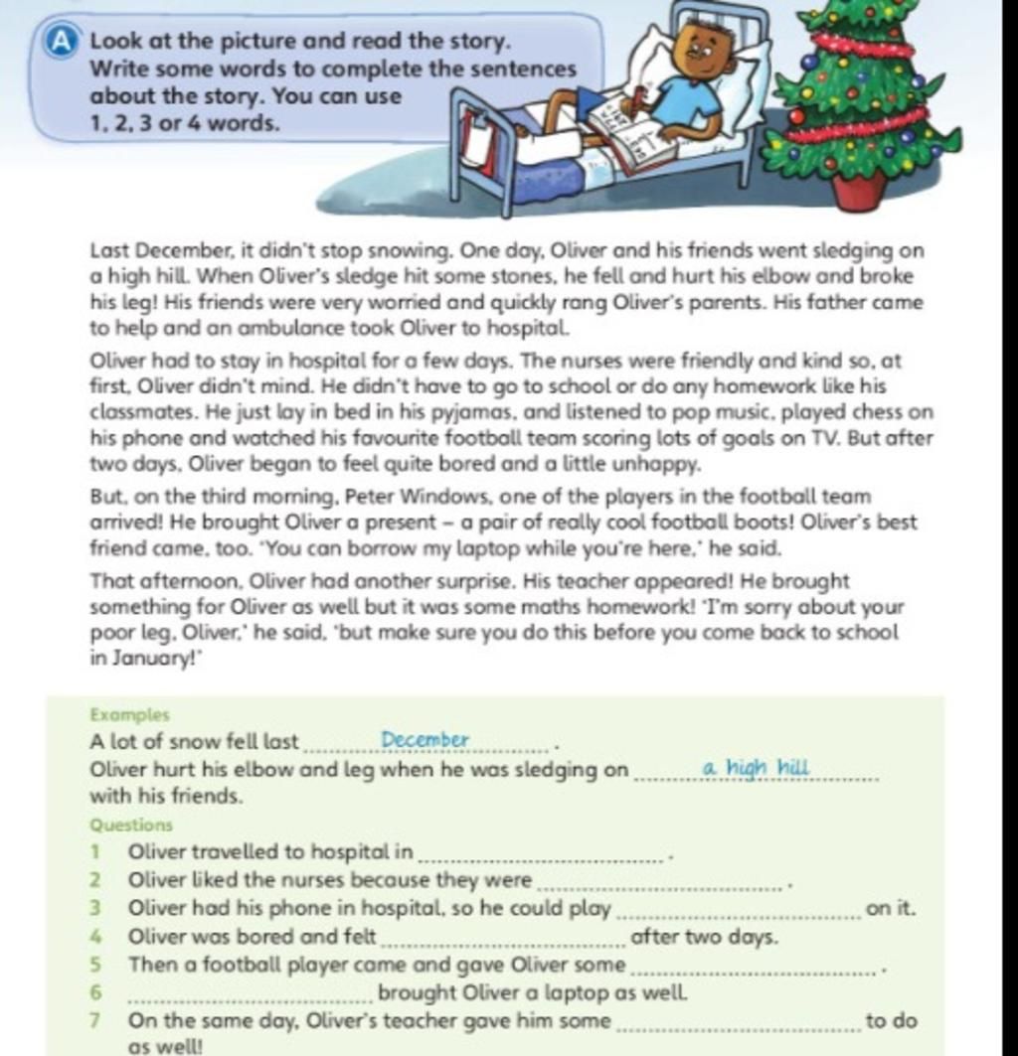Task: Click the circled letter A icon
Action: [62, 41]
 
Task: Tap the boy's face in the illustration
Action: [703, 53]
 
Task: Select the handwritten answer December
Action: [424, 740]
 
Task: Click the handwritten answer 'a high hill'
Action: [756, 768]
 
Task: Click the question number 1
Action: [94, 851]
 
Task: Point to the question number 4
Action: [94, 937]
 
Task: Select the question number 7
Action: [94, 1021]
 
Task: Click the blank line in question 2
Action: [659, 887]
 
